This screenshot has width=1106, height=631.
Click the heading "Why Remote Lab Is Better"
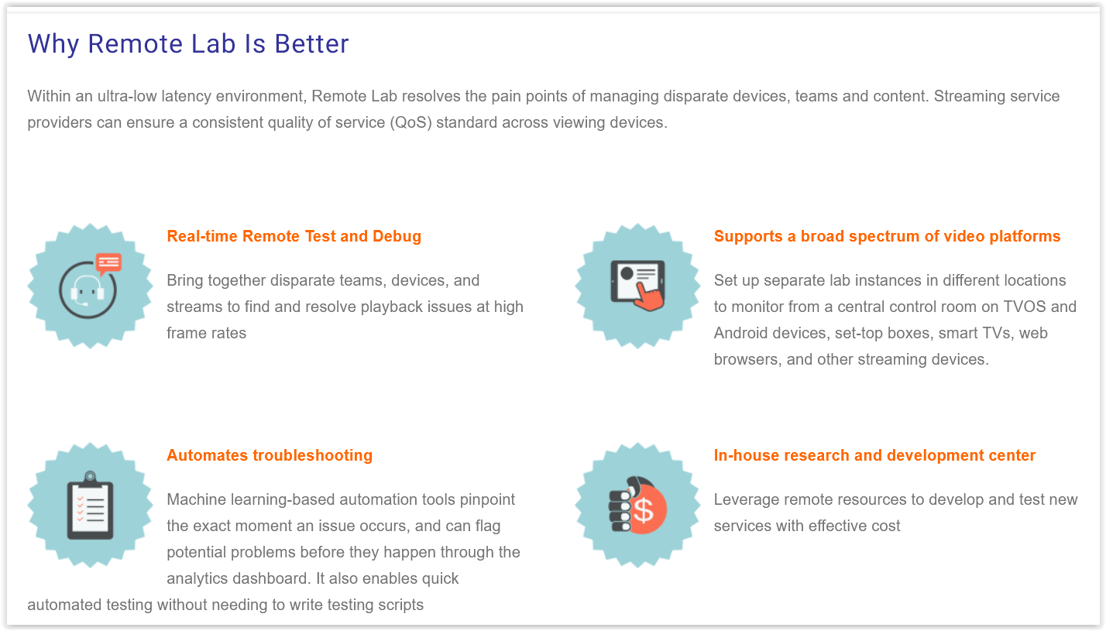click(188, 44)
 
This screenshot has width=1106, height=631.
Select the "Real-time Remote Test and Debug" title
click(294, 236)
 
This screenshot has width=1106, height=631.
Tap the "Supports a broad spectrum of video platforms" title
click(887, 236)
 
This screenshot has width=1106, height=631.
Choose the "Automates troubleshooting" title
click(270, 455)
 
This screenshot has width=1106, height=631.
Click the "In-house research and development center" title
click(874, 455)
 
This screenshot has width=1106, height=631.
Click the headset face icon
click(87, 291)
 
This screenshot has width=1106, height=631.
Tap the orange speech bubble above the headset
click(108, 263)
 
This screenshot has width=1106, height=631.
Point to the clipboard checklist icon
click(90, 508)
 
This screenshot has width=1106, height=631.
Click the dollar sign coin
click(644, 512)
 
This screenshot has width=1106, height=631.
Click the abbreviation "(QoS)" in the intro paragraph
click(411, 122)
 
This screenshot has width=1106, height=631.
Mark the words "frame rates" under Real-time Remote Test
click(207, 333)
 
